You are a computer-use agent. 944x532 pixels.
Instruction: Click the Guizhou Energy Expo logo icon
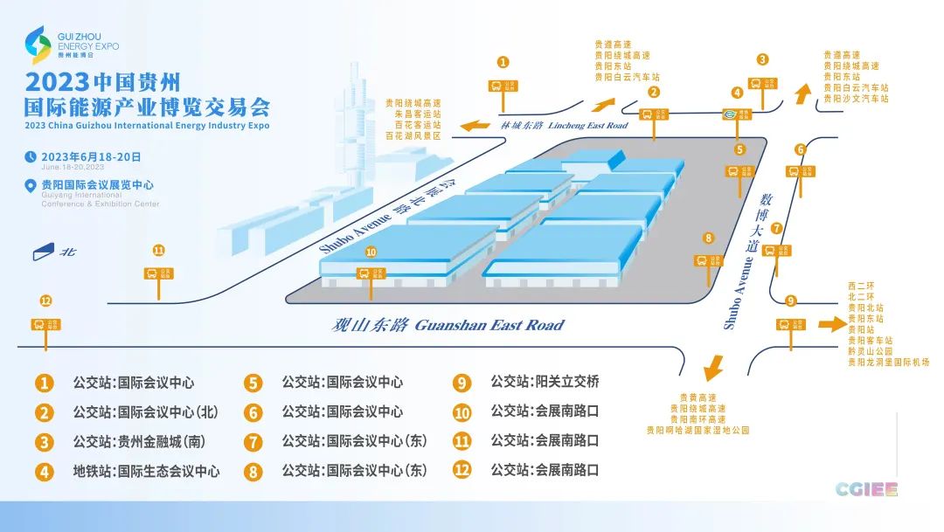coord(39,45)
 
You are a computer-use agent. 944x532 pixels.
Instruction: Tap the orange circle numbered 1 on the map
coord(503,62)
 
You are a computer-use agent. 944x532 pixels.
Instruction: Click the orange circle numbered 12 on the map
coord(45,301)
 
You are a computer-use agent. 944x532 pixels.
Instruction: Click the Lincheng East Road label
coord(564,126)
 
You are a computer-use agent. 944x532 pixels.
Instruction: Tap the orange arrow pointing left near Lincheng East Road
coord(475,126)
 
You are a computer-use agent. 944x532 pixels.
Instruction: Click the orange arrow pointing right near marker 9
coord(831,325)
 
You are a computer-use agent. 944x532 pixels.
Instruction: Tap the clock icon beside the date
coord(31,157)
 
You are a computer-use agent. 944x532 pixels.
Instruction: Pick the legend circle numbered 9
coord(462,383)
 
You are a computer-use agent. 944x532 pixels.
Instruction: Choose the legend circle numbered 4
coord(44,472)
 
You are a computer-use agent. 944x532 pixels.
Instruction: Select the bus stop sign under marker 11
coord(157,273)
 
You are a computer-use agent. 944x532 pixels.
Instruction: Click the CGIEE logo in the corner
coord(866,489)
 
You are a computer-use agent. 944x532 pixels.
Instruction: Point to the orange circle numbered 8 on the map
coord(709,237)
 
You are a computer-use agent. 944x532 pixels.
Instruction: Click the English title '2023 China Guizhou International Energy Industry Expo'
coord(148,126)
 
